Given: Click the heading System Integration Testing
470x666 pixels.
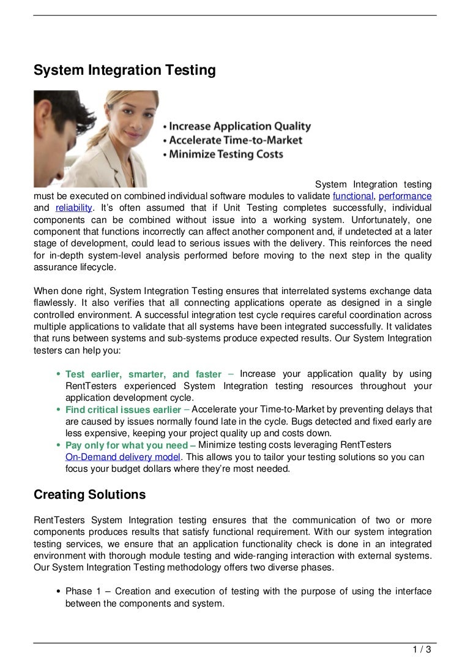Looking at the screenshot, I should tap(125, 70).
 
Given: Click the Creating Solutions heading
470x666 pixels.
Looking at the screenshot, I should tap(89, 494).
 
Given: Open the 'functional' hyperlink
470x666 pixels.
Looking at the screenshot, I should tap(352, 196).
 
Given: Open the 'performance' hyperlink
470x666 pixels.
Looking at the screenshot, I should tap(405, 196).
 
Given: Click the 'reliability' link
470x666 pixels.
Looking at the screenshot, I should tap(73, 208).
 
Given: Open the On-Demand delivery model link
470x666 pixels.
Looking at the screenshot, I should tap(122, 457).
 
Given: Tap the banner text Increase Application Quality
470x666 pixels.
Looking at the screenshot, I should tap(239, 127).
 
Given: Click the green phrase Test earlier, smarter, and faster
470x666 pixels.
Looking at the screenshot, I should tap(143, 374).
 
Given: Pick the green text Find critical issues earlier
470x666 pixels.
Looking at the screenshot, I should tap(123, 410).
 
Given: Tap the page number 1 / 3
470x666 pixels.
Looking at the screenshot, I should tap(422, 650).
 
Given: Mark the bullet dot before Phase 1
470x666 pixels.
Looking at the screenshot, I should tap(58, 592).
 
